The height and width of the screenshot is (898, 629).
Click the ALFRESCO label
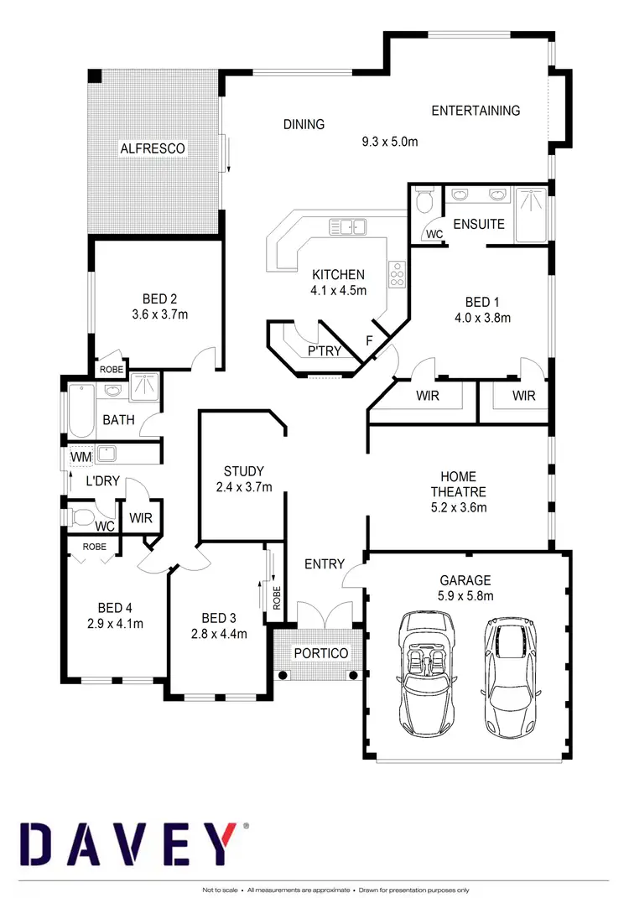(152, 148)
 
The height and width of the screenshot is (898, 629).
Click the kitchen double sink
(346, 226)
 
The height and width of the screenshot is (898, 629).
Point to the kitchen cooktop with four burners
(396, 273)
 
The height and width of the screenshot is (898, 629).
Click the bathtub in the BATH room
(82, 410)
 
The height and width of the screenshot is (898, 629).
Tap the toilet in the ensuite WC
(424, 200)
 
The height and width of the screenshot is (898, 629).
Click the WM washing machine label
(81, 456)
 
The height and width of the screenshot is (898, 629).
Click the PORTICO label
(320, 652)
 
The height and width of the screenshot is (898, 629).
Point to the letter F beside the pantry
(368, 340)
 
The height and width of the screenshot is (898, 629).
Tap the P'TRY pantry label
(324, 350)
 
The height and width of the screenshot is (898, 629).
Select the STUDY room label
(243, 471)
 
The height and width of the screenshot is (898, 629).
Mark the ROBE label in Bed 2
(112, 369)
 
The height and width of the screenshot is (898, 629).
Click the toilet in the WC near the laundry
(83, 516)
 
